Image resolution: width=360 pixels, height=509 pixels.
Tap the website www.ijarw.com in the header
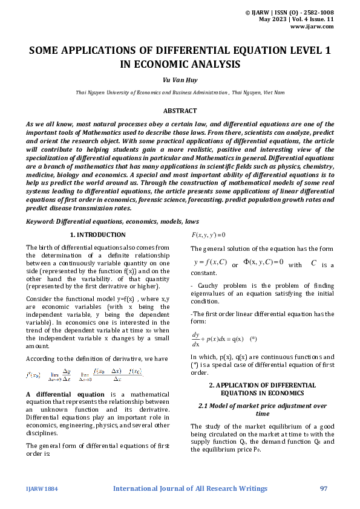312,26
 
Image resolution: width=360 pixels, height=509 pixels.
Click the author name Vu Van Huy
180,79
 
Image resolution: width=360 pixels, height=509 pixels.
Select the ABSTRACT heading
180,111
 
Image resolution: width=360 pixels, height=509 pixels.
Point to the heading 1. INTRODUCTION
98,235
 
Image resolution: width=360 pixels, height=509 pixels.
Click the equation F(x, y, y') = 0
208,235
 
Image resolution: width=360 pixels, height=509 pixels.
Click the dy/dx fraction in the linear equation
195,339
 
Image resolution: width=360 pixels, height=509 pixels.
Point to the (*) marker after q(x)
254,339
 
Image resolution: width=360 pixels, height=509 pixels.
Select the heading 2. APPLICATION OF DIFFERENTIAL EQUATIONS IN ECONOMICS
263,389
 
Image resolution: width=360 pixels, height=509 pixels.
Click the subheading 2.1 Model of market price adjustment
263,410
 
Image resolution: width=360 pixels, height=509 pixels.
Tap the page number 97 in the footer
324,488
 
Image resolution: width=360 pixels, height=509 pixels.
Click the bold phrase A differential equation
57,394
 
